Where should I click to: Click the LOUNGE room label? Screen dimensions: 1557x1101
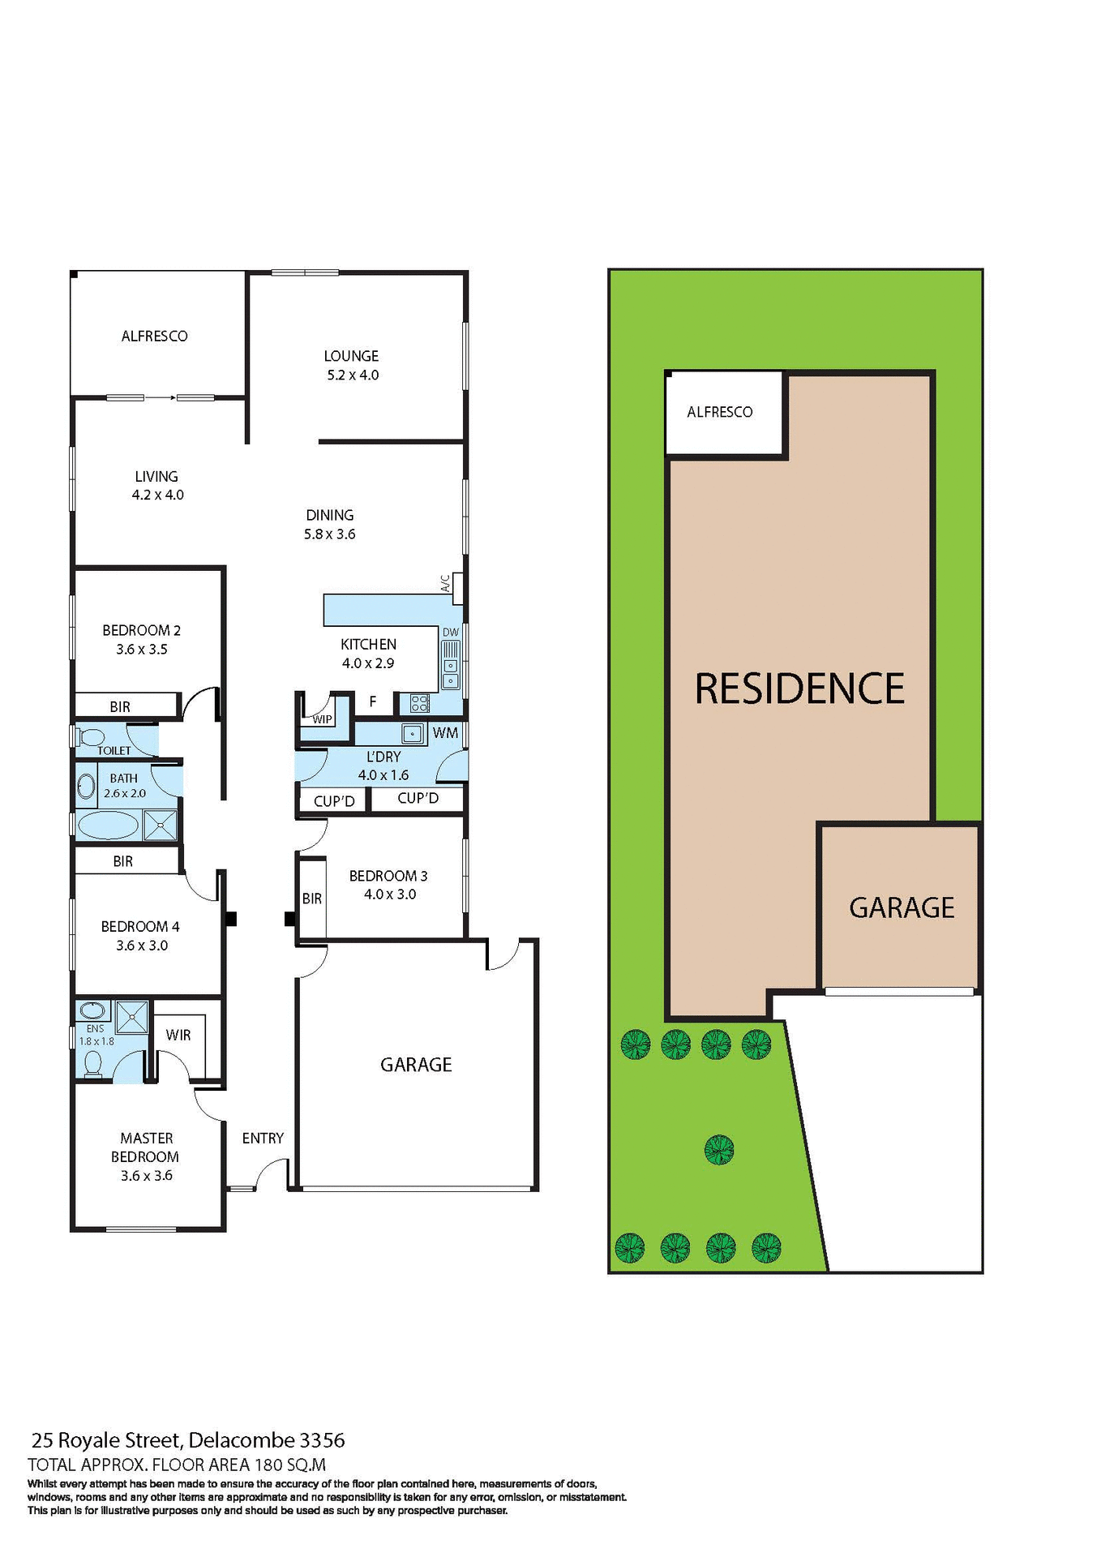351,356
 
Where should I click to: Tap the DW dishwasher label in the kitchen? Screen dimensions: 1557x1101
451,633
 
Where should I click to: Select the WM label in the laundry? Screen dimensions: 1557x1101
445,733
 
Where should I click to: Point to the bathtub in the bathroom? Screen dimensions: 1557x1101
108,826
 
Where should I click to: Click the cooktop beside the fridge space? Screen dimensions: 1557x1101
419,703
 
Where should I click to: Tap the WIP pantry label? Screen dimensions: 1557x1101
322,719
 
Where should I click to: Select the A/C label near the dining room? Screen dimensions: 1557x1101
445,583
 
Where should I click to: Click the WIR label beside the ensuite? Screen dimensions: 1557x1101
178,1035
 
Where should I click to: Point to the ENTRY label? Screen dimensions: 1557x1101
263,1139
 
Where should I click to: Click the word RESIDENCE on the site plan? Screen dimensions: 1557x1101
799,688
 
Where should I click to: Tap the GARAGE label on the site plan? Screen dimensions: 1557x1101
902,907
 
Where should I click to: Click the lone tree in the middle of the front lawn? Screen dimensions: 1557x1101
719,1149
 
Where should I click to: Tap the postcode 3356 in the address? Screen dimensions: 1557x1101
323,1440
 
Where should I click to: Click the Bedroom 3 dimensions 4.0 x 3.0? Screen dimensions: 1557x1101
389,894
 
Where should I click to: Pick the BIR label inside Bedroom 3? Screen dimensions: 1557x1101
312,899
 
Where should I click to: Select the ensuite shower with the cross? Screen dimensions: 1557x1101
132,1017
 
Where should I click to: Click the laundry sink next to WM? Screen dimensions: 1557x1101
413,734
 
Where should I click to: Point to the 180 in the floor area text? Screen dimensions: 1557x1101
268,1465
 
